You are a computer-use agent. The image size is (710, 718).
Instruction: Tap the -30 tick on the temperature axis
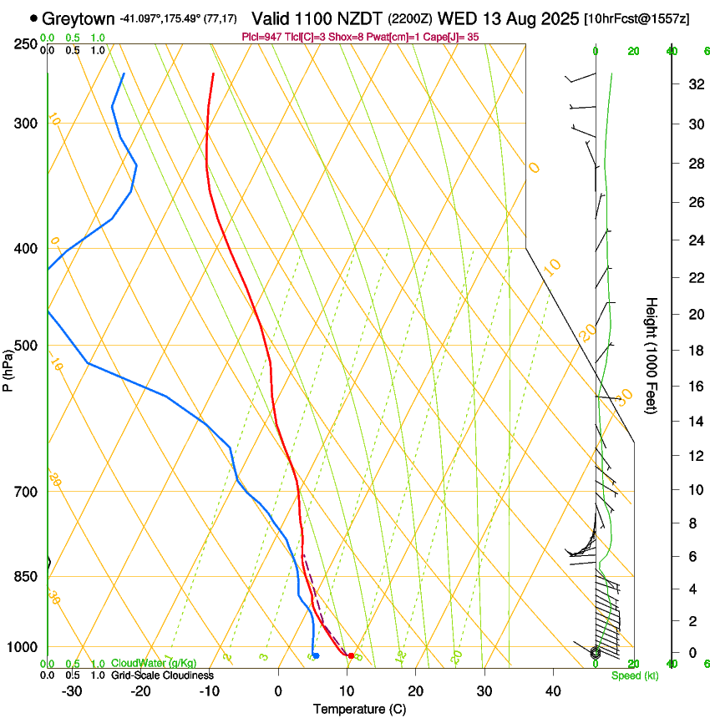[x=73, y=690]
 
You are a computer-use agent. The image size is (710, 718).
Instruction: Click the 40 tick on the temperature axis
[x=553, y=690]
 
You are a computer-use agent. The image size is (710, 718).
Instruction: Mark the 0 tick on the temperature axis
[x=279, y=690]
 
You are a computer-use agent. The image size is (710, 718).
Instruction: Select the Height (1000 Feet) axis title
[x=652, y=355]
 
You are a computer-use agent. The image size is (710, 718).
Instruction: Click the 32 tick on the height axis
[x=694, y=84]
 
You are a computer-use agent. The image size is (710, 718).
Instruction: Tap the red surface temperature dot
[x=351, y=656]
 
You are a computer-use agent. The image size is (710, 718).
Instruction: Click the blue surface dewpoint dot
[x=316, y=655]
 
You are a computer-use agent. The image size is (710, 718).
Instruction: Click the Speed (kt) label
[x=635, y=675]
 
